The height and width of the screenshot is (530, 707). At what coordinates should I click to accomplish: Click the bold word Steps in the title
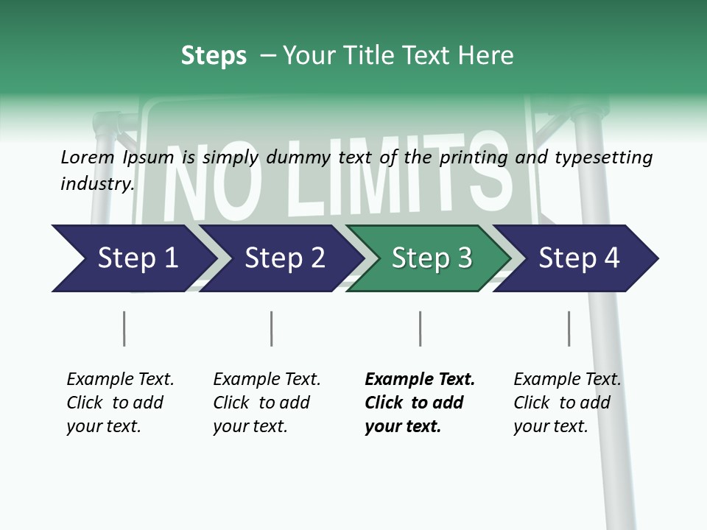(x=214, y=56)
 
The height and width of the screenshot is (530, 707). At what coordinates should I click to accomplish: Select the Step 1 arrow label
(x=138, y=258)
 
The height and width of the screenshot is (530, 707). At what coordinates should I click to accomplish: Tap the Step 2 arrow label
(x=284, y=258)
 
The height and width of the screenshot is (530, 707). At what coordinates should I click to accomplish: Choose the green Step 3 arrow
(x=432, y=258)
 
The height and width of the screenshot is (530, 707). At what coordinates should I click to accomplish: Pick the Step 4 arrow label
(x=579, y=258)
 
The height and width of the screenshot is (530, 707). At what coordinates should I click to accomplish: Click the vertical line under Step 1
(x=124, y=328)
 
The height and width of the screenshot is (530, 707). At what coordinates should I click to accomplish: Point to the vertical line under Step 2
(x=272, y=328)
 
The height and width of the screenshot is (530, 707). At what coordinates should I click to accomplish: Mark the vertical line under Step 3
(x=420, y=328)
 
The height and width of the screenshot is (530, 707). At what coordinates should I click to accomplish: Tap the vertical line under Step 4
(x=569, y=328)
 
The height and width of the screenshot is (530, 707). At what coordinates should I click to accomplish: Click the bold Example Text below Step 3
(x=420, y=379)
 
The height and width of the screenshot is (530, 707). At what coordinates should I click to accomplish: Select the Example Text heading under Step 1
(x=120, y=379)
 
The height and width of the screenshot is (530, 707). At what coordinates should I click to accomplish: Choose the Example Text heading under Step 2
(x=267, y=379)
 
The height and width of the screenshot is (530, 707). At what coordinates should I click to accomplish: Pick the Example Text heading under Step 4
(x=567, y=379)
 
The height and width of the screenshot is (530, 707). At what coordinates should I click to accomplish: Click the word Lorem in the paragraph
(x=87, y=157)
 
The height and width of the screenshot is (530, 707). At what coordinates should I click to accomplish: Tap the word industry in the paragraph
(x=97, y=183)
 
